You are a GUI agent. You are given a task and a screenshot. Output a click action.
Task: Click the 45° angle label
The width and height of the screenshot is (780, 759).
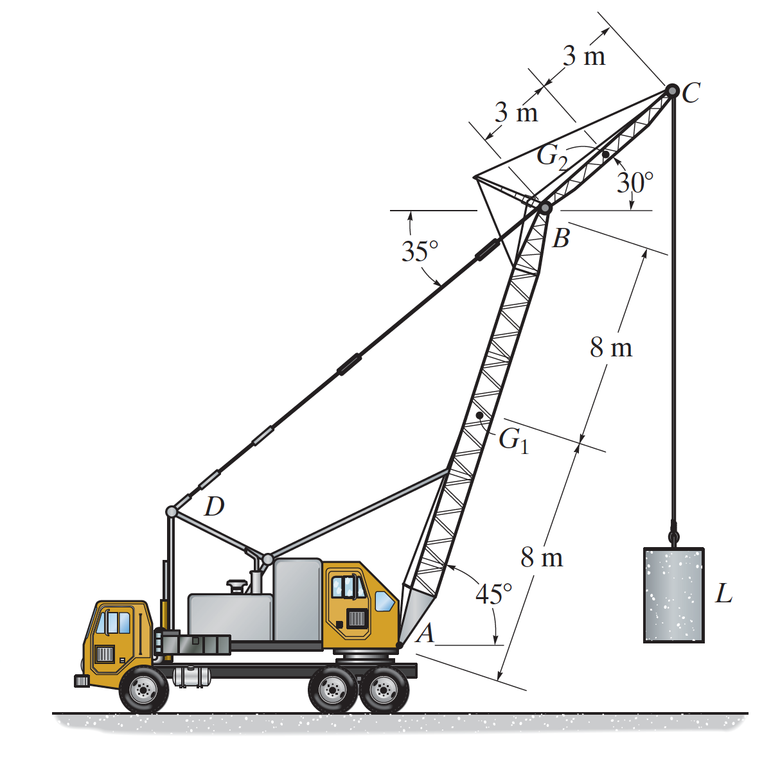point(493,593)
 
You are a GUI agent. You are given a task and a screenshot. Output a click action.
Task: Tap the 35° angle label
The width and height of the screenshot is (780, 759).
point(420,251)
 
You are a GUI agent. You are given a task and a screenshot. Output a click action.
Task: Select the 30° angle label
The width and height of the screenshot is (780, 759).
point(635,182)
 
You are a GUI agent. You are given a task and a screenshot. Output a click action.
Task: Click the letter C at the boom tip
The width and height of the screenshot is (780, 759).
point(691,93)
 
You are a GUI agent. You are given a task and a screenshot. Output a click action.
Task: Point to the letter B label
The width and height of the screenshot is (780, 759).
point(561,239)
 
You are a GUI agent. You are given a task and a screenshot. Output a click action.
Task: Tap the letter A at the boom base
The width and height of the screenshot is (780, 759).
point(425,633)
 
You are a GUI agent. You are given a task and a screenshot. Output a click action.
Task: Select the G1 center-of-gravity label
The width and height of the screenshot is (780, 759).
point(514,441)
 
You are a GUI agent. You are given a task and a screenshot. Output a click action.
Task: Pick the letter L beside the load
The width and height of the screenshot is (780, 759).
point(724,593)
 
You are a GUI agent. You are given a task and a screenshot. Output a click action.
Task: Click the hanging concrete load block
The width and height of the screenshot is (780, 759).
point(674,595)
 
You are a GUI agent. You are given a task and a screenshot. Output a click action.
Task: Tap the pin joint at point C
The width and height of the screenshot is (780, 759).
point(672,91)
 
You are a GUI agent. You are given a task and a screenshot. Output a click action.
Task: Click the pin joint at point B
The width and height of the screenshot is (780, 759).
point(545,208)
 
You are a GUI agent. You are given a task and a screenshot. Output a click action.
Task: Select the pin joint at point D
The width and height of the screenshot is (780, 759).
point(171,511)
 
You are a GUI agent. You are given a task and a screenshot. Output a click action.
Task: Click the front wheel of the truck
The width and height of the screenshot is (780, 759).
point(143,689)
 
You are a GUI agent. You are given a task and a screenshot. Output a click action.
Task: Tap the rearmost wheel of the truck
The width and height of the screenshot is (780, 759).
point(384,689)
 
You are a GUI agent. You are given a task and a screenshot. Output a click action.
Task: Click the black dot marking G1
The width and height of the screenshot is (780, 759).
point(479,415)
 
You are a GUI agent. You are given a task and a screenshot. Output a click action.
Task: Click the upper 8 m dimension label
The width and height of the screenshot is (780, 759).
point(611,347)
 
